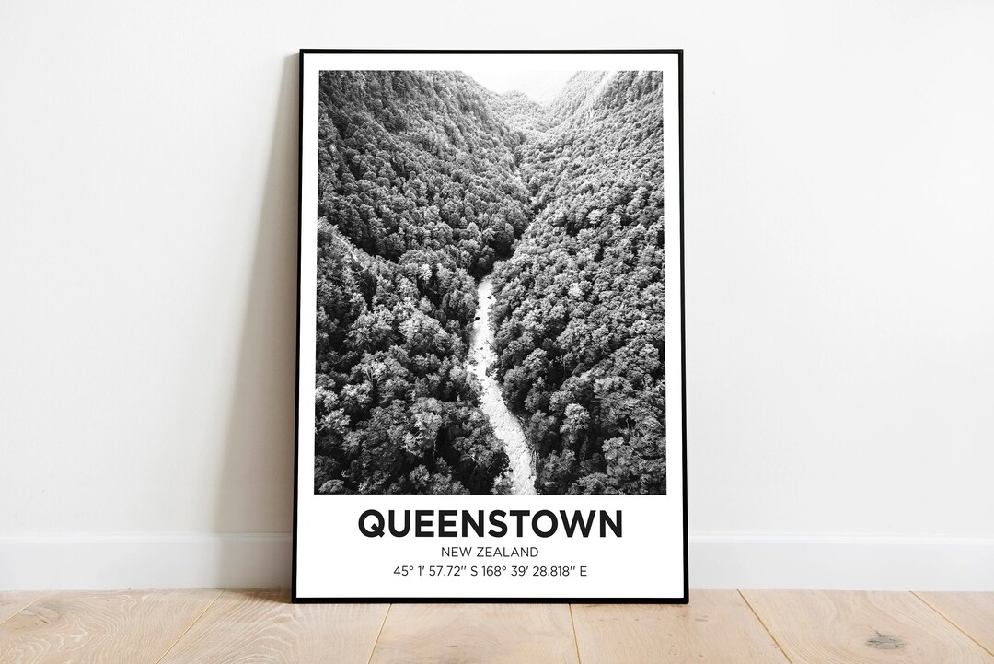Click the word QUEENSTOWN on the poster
tap(490, 523)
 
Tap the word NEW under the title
tap(457, 552)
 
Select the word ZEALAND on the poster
tap(508, 552)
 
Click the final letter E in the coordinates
tap(584, 571)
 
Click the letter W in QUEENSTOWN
tap(577, 523)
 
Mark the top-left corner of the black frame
tap(302, 52)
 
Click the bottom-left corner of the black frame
tap(295, 600)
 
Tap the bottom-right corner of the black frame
tap(686, 600)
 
